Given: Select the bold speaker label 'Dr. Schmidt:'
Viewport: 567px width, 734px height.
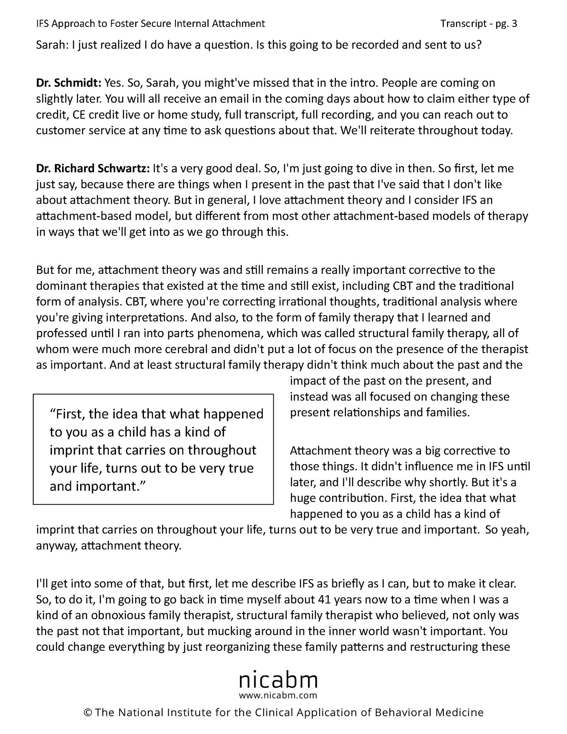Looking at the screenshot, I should pos(69,83).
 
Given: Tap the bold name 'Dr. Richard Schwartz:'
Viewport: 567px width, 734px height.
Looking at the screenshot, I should pos(93,168).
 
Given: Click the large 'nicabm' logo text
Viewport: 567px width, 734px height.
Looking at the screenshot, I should pos(278,679).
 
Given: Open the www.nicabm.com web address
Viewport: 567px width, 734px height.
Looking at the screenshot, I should pos(278,695).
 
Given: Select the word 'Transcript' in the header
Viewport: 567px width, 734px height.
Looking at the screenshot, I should pos(463,23).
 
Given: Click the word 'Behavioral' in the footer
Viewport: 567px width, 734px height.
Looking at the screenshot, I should pos(403,713).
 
